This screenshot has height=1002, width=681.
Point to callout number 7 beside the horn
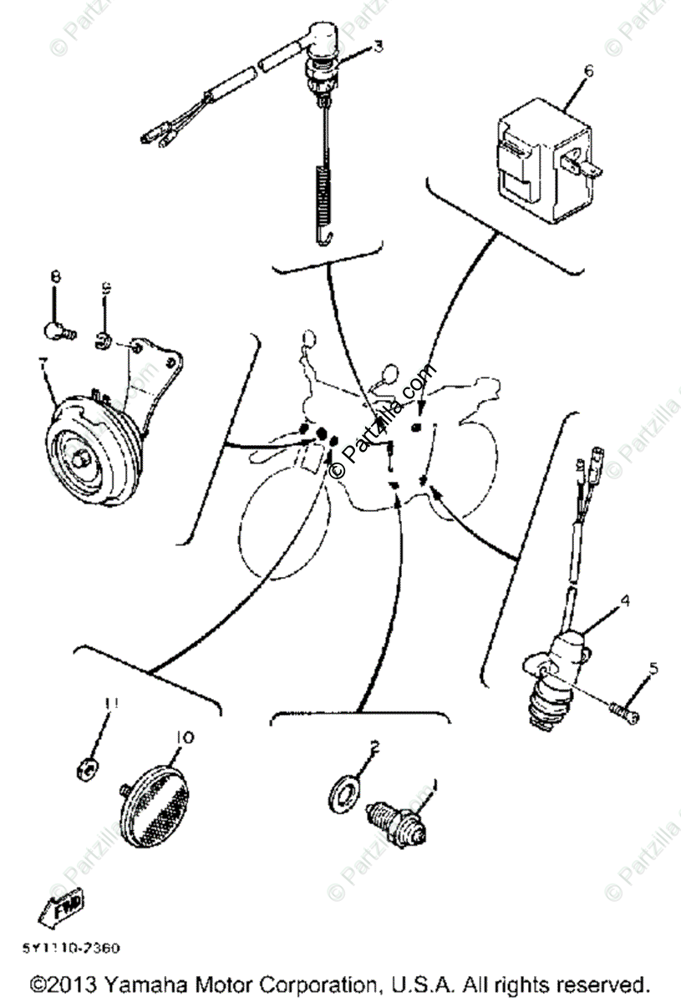pyautogui.click(x=43, y=362)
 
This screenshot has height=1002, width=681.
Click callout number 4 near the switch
pyautogui.click(x=625, y=600)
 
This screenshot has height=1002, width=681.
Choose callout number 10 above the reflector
pyautogui.click(x=185, y=737)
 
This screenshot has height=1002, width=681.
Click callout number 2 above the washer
pyautogui.click(x=375, y=747)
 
